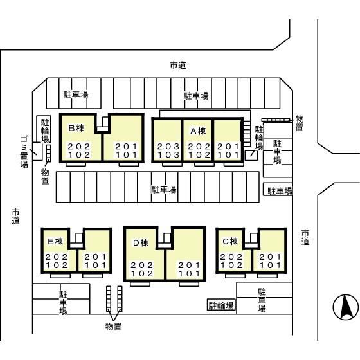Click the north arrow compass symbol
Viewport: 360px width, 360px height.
pos(346,307)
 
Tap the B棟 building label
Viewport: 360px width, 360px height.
pos(76,128)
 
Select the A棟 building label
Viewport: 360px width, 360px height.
pos(198,131)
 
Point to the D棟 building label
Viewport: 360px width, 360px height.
pos(141,243)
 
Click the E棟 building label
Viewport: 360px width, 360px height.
pos(55,241)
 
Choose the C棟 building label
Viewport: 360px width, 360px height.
pos(230,241)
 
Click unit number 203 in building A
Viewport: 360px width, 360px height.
pos(168,147)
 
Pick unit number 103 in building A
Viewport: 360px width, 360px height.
pos(168,155)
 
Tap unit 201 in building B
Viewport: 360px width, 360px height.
pos(126,147)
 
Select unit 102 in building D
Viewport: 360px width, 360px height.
pos(141,274)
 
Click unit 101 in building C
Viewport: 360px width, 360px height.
pos(270,265)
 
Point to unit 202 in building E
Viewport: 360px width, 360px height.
pos(57,257)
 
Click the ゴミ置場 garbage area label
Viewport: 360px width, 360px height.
pos(24,152)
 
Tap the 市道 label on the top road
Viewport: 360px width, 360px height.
pos(178,66)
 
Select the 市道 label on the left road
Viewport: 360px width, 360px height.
pos(15,216)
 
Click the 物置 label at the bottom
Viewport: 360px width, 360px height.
pos(113,327)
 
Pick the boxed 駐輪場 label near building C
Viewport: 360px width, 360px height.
pos(221,305)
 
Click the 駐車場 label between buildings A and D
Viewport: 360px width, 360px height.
pos(164,190)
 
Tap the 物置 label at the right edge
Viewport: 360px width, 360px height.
pos(300,123)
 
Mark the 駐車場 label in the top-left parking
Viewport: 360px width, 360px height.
pos(76,94)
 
